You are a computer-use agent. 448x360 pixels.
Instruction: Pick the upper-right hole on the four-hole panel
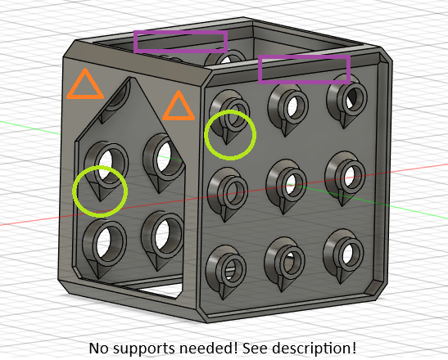[x=163, y=156]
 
